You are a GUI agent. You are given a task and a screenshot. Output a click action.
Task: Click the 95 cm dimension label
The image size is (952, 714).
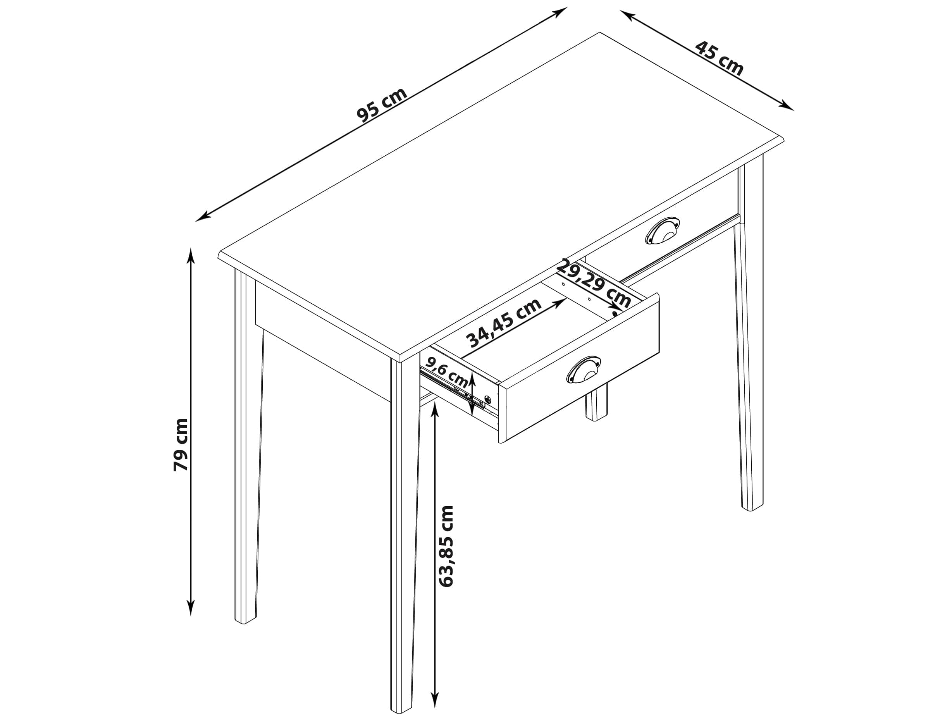[x=382, y=105]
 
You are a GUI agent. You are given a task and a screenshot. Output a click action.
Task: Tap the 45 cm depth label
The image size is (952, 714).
[x=719, y=58]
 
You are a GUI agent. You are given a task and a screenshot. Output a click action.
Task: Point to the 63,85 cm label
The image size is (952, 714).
[x=446, y=546]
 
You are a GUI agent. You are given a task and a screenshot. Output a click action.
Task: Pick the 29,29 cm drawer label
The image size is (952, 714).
[x=594, y=284]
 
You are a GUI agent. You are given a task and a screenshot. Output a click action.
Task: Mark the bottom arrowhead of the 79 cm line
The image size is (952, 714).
[x=191, y=608]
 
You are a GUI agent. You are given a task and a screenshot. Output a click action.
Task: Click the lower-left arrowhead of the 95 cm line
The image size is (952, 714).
[x=202, y=217]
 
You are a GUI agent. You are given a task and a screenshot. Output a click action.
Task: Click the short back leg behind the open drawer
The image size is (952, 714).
[x=597, y=404]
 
